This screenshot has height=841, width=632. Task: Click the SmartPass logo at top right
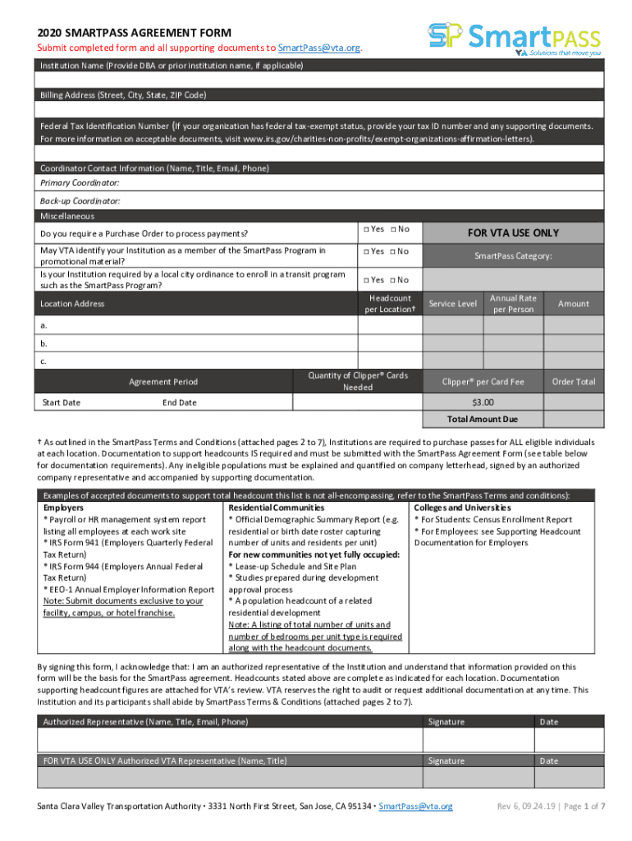(x=515, y=37)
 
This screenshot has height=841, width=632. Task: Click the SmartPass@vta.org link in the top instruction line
(x=319, y=48)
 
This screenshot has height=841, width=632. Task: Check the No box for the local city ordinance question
(x=393, y=280)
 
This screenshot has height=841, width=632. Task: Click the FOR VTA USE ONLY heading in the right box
(x=513, y=233)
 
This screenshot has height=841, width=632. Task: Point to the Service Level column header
(x=452, y=304)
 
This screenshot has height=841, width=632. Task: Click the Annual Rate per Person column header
(x=513, y=304)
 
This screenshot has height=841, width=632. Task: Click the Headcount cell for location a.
(x=390, y=326)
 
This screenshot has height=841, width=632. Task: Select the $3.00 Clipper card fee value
(x=483, y=402)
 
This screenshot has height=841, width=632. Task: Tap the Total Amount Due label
(x=483, y=420)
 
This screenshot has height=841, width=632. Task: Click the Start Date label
(x=61, y=402)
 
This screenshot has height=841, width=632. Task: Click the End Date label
(x=180, y=402)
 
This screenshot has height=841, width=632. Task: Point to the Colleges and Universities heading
(x=461, y=508)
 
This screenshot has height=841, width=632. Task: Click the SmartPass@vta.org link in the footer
(x=415, y=807)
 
